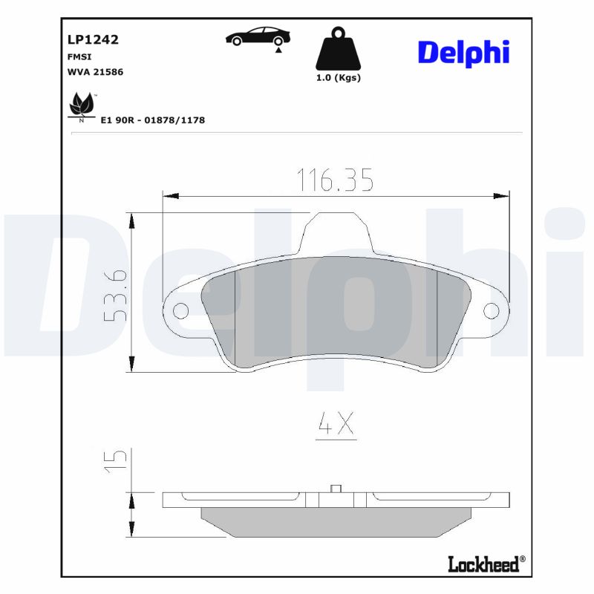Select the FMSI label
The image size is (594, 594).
point(81,56)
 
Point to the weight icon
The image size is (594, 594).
point(338,50)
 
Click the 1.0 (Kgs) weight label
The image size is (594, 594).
point(338,78)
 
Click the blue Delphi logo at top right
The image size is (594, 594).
point(463,52)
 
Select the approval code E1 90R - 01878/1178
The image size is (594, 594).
point(152,120)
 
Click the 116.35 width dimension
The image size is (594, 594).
point(335,180)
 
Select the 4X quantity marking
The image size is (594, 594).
point(336,424)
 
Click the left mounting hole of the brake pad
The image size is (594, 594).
point(180,310)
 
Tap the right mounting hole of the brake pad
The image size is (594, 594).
point(491,310)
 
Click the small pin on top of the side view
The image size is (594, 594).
point(335,488)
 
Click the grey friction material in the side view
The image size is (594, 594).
point(336,521)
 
